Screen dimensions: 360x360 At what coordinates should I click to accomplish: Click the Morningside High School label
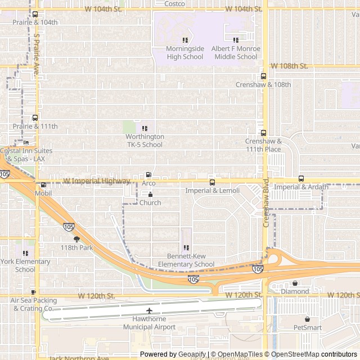click(184, 52)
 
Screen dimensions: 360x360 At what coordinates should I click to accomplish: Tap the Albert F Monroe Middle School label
click(235, 52)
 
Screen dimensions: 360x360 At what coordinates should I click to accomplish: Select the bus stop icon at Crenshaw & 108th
click(263, 76)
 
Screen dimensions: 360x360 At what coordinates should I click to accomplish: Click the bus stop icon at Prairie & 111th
click(35, 118)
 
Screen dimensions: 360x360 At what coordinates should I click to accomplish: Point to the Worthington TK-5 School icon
click(145, 128)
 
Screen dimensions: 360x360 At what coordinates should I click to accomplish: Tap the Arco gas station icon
click(148, 175)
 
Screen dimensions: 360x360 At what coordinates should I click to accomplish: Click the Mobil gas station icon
click(43, 184)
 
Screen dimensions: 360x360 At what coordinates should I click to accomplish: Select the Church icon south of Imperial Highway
click(150, 195)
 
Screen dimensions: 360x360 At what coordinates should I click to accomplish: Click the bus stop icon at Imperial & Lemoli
click(212, 182)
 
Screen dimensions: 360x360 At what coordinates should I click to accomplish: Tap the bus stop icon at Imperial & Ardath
click(301, 178)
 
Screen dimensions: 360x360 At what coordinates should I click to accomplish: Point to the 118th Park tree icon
click(76, 239)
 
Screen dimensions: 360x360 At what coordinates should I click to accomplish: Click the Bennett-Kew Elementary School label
click(186, 260)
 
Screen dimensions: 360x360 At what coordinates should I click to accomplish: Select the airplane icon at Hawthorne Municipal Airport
click(149, 310)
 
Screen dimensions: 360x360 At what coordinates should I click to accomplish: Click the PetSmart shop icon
click(307, 319)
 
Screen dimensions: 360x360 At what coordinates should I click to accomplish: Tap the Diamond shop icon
click(295, 283)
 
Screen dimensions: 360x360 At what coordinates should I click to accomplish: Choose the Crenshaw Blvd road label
click(267, 208)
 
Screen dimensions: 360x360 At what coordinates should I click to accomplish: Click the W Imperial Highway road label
click(96, 181)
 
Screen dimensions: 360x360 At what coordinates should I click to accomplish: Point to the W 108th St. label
click(289, 66)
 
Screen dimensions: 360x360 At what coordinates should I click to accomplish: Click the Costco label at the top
click(174, 3)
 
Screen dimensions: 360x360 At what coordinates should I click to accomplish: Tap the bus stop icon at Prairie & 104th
click(35, 14)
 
